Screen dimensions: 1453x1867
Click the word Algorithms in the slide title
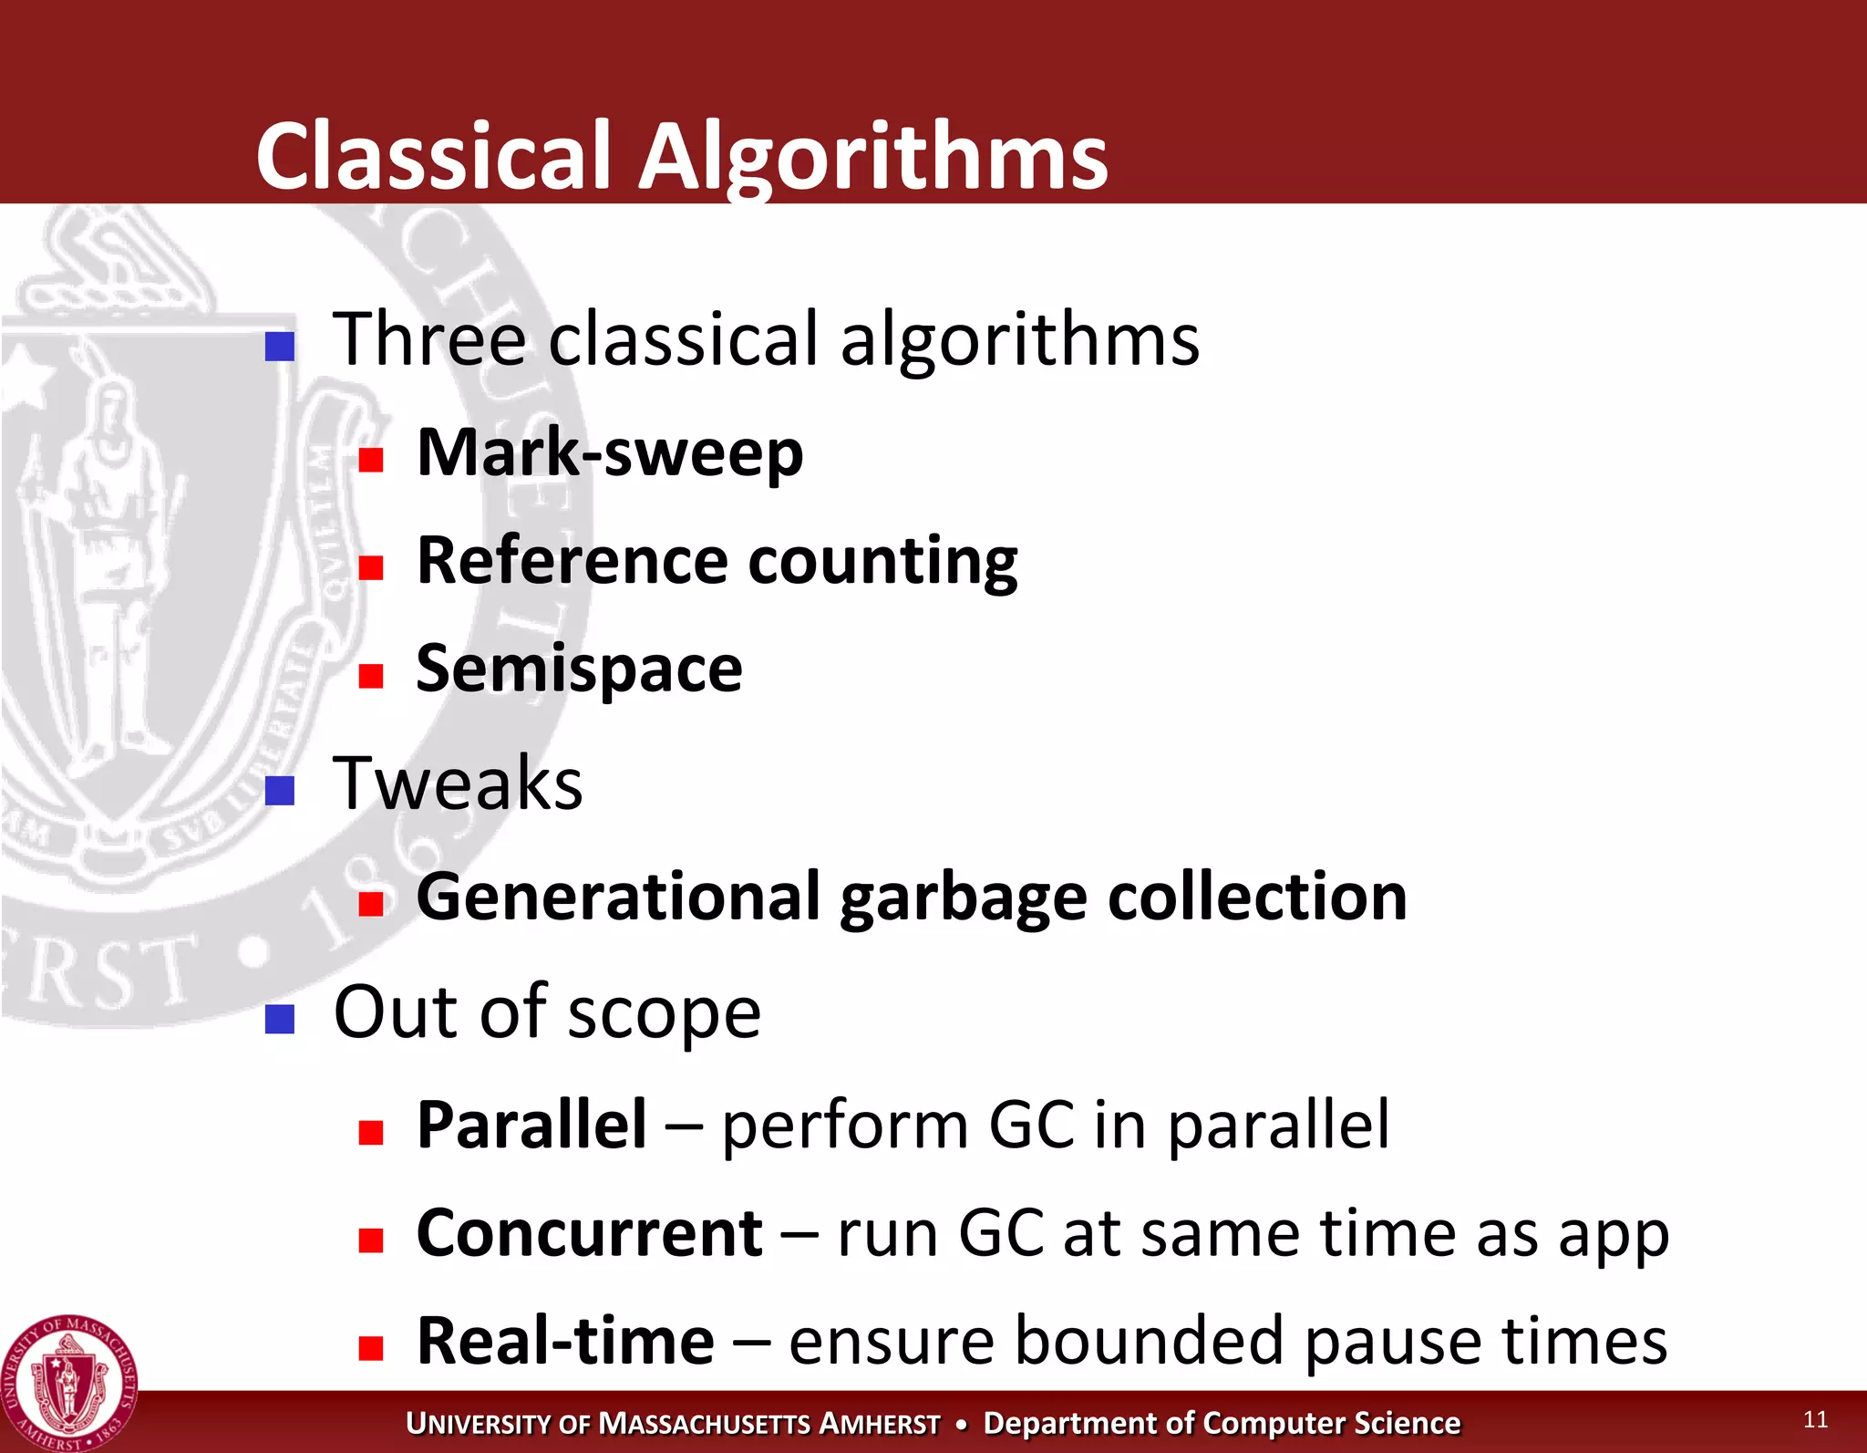pyautogui.click(x=872, y=157)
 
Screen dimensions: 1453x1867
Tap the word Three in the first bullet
pyautogui.click(x=429, y=339)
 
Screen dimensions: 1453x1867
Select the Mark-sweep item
pyautogui.click(x=610, y=452)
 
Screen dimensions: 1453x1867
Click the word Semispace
pyautogui.click(x=579, y=669)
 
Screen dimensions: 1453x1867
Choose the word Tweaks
pyautogui.click(x=458, y=784)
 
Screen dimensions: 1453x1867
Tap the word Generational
pyautogui.click(x=619, y=897)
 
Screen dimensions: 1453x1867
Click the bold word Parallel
pyautogui.click(x=531, y=1125)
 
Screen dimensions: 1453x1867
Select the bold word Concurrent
pyautogui.click(x=589, y=1233)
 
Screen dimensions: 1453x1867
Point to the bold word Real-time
pyautogui.click(x=565, y=1341)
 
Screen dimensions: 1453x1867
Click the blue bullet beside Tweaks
pyautogui.click(x=280, y=791)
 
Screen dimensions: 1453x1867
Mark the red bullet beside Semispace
pyautogui.click(x=371, y=676)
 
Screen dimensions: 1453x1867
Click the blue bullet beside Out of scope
pyautogui.click(x=280, y=1019)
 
